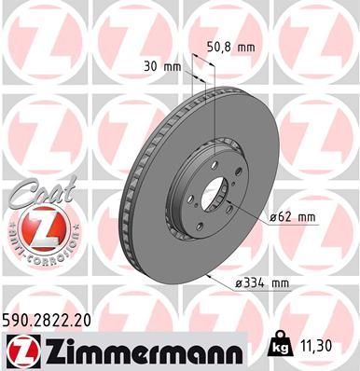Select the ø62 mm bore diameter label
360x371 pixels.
[294, 217]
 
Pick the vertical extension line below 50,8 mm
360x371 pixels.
[214, 103]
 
